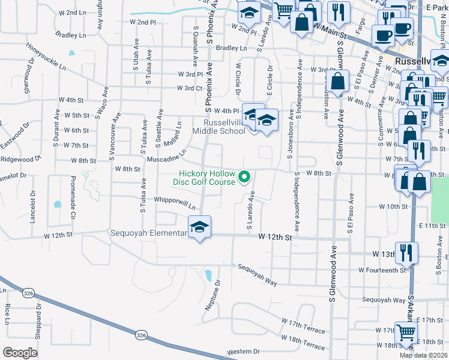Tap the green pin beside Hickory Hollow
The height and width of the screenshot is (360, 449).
244,176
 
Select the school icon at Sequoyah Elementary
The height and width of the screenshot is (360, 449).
199,227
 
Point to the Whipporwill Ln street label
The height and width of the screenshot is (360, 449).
175,203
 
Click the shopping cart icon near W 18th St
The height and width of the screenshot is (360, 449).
404,332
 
